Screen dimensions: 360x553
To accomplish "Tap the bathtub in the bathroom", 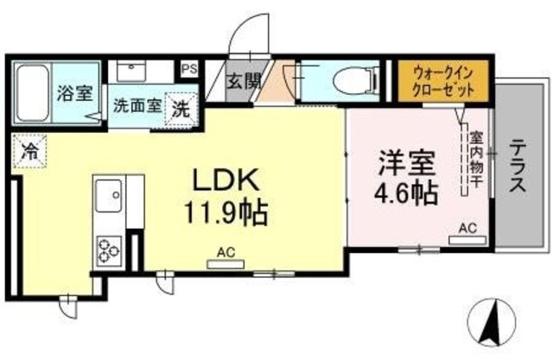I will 35,92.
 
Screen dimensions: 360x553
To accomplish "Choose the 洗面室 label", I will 137,107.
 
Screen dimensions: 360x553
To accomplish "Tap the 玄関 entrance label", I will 243,84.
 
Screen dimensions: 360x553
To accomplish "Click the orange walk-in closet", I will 444,79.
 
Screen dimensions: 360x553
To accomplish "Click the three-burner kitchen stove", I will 110,249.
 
